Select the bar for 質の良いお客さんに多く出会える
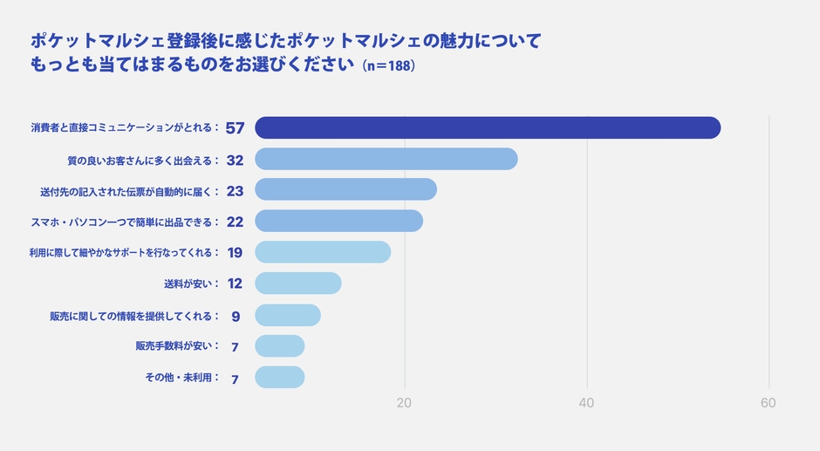click(x=386, y=159)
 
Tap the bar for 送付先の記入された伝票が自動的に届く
click(x=345, y=189)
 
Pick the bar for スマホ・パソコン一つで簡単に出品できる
click(x=338, y=221)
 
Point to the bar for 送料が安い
click(x=297, y=284)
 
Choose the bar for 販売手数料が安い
click(x=279, y=346)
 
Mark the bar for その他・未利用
click(x=279, y=377)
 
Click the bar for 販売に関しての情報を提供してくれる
click(x=287, y=315)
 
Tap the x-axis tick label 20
click(x=404, y=403)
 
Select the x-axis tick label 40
click(x=586, y=403)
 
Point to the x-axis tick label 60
click(x=768, y=403)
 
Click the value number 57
click(x=235, y=128)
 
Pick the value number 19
click(x=235, y=253)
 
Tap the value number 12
click(x=235, y=284)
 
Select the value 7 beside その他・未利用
click(x=235, y=379)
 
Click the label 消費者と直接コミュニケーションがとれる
click(x=122, y=128)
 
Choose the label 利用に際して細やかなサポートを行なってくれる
click(x=121, y=253)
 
